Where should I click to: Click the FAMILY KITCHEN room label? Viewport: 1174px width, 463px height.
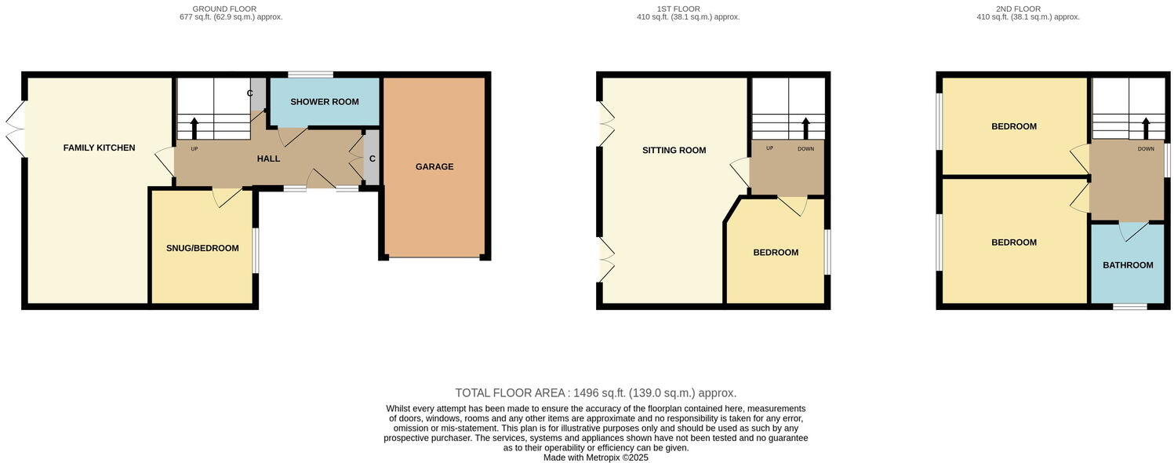tap(99, 148)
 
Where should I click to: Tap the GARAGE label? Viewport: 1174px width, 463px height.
tap(434, 166)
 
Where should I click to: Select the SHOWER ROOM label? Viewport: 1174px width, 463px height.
tap(325, 102)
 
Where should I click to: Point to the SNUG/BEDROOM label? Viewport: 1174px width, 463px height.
tap(202, 248)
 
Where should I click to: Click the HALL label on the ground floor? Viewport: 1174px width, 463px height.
tap(268, 159)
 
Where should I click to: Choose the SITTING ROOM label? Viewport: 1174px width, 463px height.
tap(674, 150)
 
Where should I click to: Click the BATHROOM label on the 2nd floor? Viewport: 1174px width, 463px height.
tap(1128, 265)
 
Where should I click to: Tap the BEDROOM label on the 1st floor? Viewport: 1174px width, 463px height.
tap(776, 253)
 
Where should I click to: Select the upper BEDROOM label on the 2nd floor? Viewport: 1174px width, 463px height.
tap(1014, 126)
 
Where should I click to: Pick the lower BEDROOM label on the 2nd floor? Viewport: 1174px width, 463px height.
tap(1014, 242)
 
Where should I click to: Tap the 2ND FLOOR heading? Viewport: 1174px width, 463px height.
tap(1019, 9)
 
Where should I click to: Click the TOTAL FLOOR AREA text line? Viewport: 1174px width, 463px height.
tap(595, 393)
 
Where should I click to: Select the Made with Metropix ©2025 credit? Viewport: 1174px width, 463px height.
tap(595, 458)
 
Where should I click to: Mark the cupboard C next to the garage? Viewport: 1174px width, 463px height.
tap(373, 159)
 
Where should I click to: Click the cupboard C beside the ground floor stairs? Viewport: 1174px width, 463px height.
tap(250, 93)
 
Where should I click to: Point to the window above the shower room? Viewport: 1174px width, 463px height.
tap(310, 75)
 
